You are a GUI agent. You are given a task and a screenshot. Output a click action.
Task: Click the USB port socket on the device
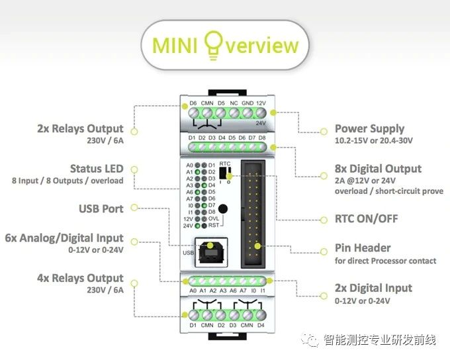point(211,253)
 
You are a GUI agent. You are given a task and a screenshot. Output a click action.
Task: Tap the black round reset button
point(223,208)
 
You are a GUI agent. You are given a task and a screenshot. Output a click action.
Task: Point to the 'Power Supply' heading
point(370,128)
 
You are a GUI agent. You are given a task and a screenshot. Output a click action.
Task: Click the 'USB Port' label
point(101,208)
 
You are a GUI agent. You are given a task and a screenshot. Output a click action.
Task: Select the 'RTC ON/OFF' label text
point(366,219)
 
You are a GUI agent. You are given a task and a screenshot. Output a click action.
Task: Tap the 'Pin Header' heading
point(363,247)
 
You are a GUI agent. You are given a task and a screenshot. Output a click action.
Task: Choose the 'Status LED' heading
point(97,169)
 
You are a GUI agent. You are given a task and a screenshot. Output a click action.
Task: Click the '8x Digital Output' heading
point(378,169)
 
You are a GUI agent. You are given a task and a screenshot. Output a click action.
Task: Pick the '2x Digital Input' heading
point(373,288)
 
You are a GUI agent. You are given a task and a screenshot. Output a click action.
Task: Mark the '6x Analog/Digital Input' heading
point(64,238)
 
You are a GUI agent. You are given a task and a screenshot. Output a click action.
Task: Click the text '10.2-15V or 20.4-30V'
point(374,140)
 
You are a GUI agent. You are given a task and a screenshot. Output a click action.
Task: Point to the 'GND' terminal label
point(247,103)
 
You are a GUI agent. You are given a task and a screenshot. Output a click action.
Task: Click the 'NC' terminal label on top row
point(234,103)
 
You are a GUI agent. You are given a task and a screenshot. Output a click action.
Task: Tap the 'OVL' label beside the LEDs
point(214,218)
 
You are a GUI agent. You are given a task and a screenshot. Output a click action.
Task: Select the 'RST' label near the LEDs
point(214,226)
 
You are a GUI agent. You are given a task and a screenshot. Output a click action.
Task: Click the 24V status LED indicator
point(197,226)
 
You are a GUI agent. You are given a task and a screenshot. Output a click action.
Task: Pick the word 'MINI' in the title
point(175,46)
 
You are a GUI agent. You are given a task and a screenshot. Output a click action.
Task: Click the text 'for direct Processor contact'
point(385,261)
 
